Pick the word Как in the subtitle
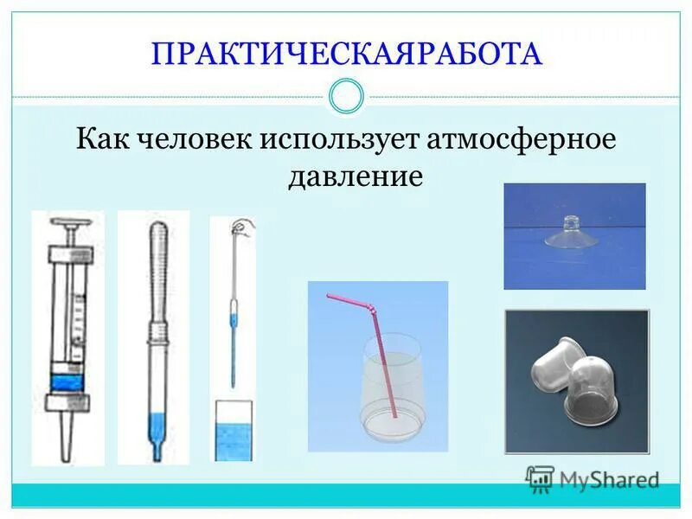pos(99,139)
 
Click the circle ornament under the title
pos(346,96)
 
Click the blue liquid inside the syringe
pos(67,381)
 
